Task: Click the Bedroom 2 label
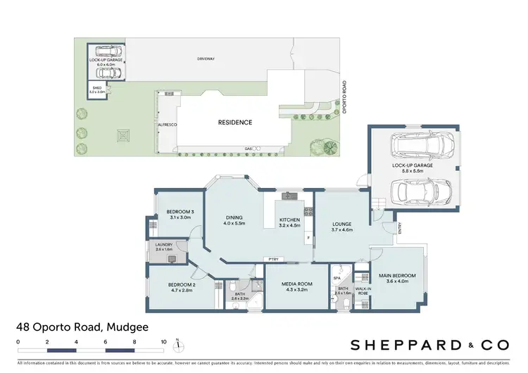click(x=180, y=286)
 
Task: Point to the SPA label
click(x=336, y=279)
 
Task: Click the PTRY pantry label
click(x=273, y=260)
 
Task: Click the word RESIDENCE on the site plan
click(x=234, y=122)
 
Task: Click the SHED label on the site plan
click(x=96, y=89)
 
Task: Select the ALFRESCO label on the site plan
click(x=156, y=124)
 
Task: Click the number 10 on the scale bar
click(x=163, y=341)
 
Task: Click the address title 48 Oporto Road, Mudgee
click(x=82, y=327)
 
